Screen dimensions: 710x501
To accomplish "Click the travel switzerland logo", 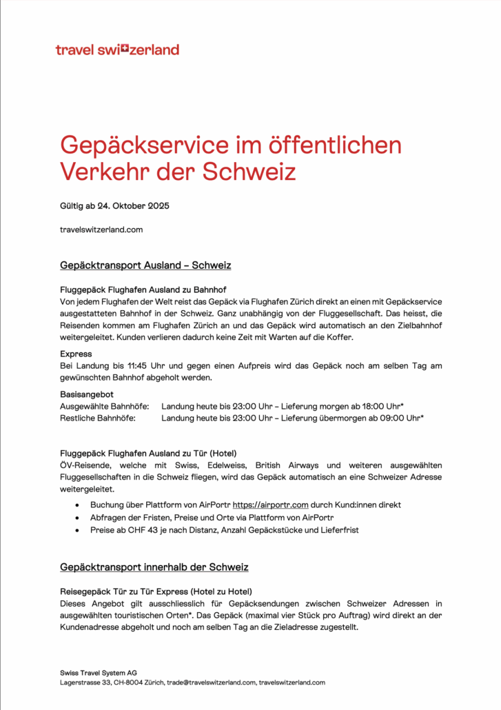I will (117, 50).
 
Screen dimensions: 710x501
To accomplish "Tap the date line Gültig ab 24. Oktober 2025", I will (114, 207).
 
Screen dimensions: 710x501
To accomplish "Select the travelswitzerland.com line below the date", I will (101, 230).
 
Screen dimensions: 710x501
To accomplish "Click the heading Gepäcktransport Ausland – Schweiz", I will (145, 265).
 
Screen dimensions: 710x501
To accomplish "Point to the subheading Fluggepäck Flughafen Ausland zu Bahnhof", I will (143, 290).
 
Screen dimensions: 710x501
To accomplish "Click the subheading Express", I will (76, 354).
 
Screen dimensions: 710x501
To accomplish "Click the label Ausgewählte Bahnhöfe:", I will (105, 407).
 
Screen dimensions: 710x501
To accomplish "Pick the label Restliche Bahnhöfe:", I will (98, 418).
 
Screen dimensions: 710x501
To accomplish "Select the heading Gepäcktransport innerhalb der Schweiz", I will (154, 567).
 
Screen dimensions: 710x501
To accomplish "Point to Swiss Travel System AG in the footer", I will (99, 671).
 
